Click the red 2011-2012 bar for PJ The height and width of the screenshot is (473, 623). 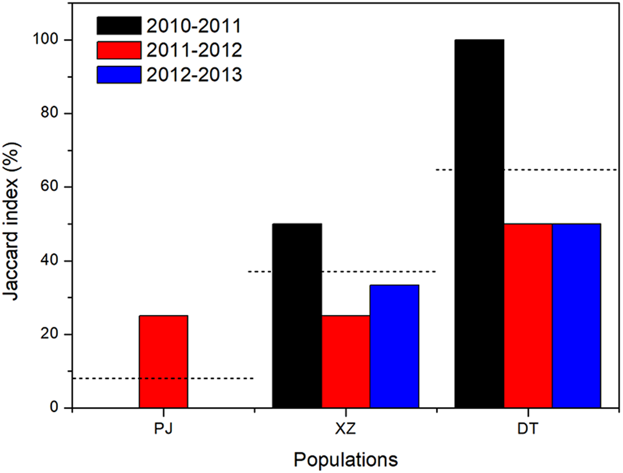tap(163, 362)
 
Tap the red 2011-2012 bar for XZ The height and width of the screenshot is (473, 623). tap(346, 362)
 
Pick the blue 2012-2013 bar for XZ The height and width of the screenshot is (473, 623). tap(394, 346)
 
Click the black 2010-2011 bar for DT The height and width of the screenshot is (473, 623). tap(479, 224)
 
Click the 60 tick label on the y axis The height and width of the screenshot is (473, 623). tap(54, 187)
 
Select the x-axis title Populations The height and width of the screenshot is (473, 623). tap(346, 460)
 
